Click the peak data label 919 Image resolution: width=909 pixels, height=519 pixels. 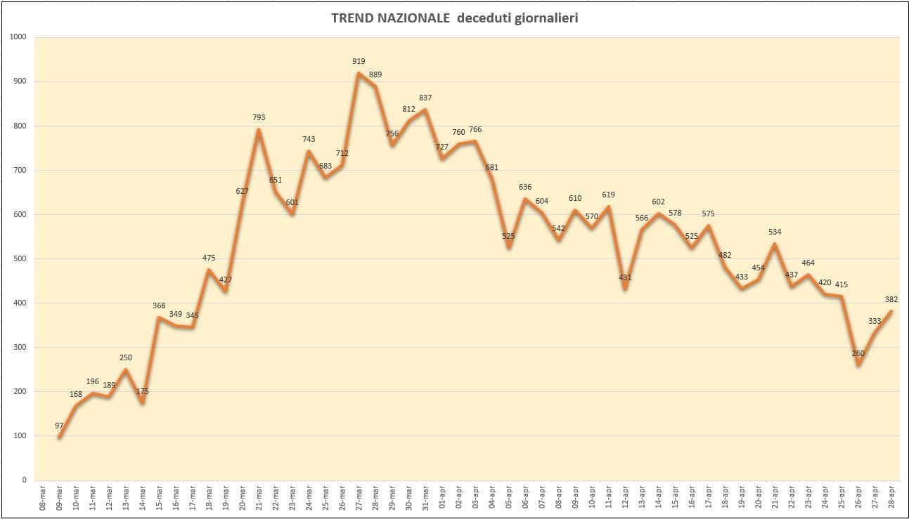tap(359, 61)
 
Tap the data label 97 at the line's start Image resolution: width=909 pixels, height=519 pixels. tap(59, 426)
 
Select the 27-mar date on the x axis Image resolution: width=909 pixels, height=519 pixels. tap(359, 499)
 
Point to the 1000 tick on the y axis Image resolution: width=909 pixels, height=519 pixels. tap(18, 37)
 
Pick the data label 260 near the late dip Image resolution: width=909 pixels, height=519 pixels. tap(858, 353)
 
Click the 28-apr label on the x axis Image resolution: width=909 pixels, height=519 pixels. tap(891, 499)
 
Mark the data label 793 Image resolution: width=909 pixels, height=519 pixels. tap(259, 117)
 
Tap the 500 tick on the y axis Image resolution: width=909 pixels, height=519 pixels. tap(20, 258)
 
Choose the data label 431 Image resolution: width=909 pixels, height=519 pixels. tap(625, 277)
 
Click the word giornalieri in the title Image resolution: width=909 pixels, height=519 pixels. tap(547, 19)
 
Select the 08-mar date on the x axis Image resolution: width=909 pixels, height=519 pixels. tap(43, 499)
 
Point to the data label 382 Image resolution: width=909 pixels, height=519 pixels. tap(891, 300)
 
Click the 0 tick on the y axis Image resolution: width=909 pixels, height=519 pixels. tap(25, 480)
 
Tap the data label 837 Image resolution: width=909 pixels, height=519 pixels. tap(425, 98)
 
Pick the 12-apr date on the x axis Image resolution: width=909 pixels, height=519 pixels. tap(626, 499)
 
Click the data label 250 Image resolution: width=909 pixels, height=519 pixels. tap(126, 358)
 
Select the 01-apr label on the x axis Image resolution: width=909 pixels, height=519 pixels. tap(442, 499)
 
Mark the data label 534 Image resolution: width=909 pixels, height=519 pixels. tap(775, 232)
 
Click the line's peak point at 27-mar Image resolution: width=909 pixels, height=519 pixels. tap(359, 73)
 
